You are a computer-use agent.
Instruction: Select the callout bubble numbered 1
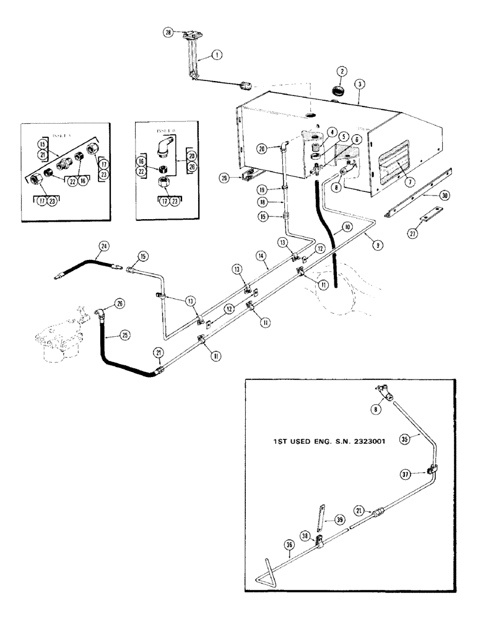point(216,54)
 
